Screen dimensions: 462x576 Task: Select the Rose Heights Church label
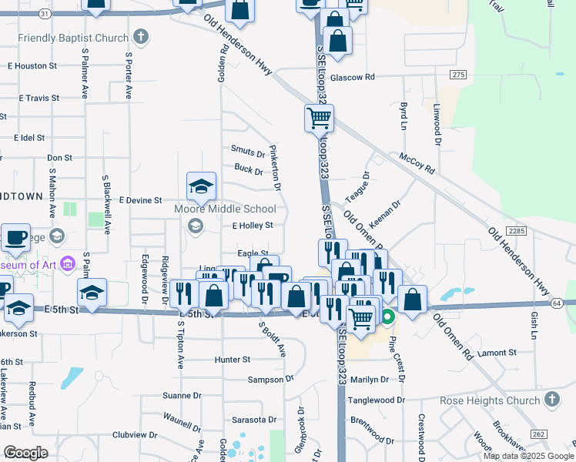(490, 400)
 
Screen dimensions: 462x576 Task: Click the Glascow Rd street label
(352, 78)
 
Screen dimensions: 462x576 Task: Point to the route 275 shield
(459, 74)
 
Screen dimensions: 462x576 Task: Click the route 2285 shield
(516, 230)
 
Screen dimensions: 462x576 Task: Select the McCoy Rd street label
(417, 163)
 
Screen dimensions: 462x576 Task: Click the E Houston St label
(39, 66)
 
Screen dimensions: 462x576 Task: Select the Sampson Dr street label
(271, 380)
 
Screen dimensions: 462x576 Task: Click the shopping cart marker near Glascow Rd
(319, 119)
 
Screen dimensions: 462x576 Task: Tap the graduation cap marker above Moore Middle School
(201, 186)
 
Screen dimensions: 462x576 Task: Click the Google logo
(26, 452)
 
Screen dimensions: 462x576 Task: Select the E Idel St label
(30, 138)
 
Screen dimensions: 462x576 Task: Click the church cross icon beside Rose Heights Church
(551, 400)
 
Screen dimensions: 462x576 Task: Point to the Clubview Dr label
(134, 435)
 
